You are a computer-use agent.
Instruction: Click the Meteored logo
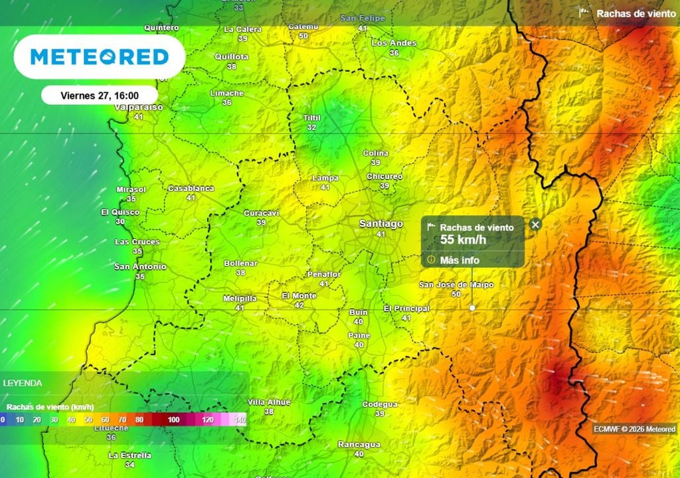coord(99,57)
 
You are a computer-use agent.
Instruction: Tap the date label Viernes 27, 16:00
coord(100,95)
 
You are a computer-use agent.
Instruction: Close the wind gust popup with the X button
coord(535,224)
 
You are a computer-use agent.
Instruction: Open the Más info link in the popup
coord(459,260)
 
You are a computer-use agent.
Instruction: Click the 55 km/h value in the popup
coord(464,239)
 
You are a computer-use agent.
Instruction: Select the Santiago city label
coord(381,224)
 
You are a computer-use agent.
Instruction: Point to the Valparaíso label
coord(139,107)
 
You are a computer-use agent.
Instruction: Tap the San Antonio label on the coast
coord(140,267)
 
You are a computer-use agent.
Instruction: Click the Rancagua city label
coord(359,444)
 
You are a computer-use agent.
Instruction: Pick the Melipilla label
coord(240,298)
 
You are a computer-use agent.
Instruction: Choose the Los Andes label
coord(394,43)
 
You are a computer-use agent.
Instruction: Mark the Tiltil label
coord(311,118)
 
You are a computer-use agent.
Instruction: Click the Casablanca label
coord(191,188)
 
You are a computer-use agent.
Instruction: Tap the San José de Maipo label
coord(456,285)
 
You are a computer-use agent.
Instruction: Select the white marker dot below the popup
coord(472,307)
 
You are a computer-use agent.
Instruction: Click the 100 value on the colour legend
coord(173,420)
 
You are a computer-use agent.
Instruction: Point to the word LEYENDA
coord(23,383)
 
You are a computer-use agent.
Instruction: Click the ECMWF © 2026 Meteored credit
coord(634,429)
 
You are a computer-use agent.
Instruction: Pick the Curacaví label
coord(261,212)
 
